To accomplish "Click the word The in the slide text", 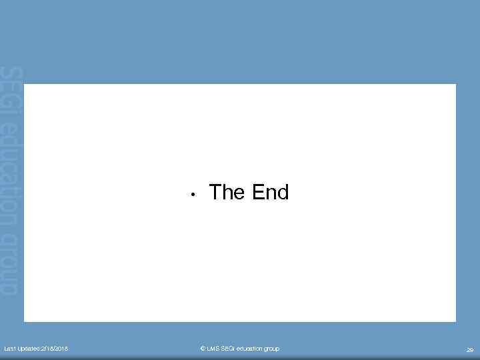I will pos(228,193).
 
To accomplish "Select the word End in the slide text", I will pos(271,193).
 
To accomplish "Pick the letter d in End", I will pos(283,193).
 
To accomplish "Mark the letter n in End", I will pos(271,194).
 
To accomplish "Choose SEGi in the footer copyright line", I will pos(228,349).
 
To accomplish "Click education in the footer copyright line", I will pos(251,349).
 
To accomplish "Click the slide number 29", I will pos(469,349).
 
